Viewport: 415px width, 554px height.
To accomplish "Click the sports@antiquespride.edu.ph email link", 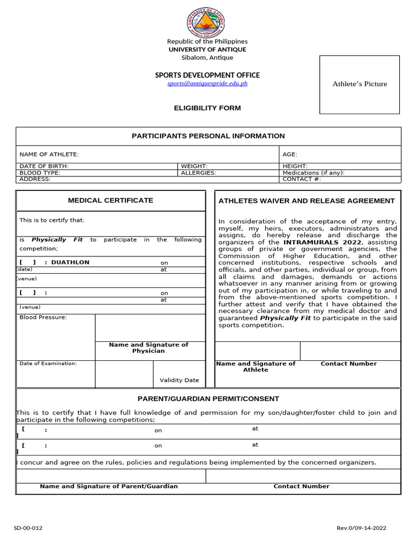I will [207, 83].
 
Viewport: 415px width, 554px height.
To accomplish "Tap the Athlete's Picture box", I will [359, 84].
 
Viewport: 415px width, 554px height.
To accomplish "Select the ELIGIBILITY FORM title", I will [207, 108].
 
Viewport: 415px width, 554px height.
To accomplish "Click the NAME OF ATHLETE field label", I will [49, 154].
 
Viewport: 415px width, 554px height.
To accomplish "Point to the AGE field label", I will [290, 154].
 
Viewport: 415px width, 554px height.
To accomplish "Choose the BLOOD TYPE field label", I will [40, 173].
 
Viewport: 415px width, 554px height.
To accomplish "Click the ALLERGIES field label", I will [198, 173].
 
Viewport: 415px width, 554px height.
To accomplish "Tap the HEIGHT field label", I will [295, 166].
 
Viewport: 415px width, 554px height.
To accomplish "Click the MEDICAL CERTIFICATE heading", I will [110, 200].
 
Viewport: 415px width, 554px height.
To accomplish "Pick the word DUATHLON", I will [70, 262].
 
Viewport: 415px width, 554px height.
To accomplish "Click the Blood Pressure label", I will [43, 317].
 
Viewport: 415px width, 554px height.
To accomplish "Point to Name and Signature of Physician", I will [149, 348].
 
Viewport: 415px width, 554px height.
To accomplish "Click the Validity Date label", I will [179, 380].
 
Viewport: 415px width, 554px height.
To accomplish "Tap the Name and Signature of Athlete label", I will [256, 367].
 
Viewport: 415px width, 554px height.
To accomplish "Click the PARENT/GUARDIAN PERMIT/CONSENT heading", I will [208, 399].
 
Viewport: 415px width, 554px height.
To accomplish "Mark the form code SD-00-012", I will [28, 529].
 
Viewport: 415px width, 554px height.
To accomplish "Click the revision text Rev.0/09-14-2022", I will [361, 529].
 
